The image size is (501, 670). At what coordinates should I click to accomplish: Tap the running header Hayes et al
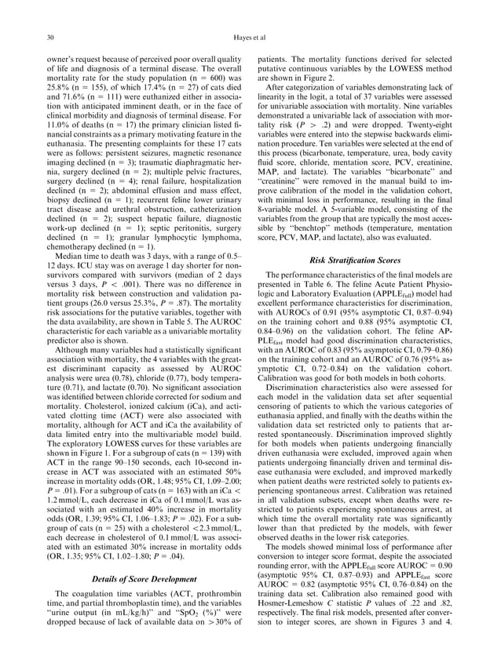click(251, 37)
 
